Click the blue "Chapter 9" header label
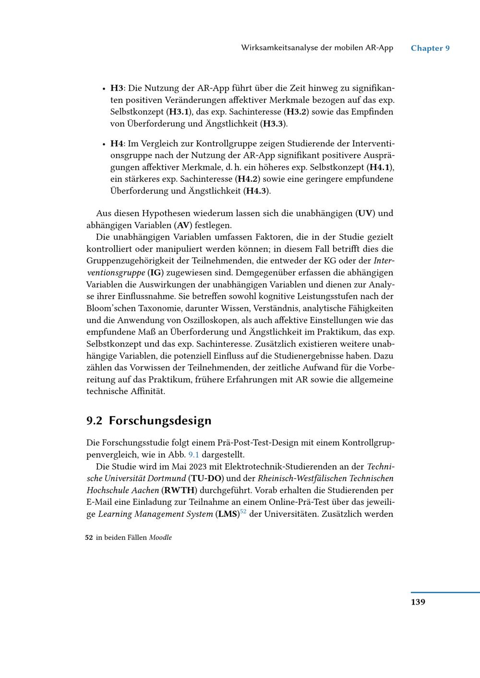430,48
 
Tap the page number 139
418,602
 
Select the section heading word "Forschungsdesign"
160,421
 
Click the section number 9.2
95,421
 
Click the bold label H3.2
297,112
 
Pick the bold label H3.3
273,124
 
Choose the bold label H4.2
249,179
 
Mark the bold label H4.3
256,191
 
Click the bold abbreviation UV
365,214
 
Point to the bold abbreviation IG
156,273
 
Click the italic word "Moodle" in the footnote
160,538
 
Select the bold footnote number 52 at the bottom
89,538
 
